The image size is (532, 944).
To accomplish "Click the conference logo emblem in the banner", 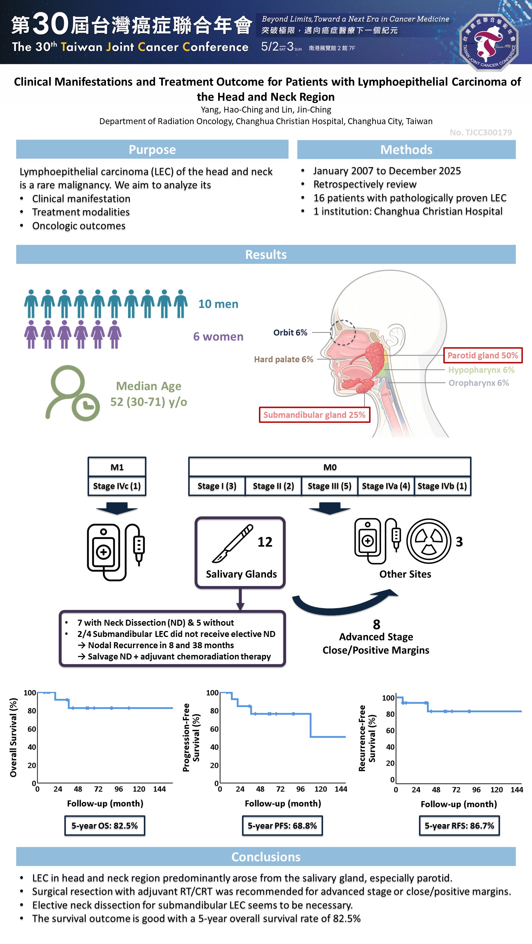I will [x=489, y=42].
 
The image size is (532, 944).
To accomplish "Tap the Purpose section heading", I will [x=152, y=149].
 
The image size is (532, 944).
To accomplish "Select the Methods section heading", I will [x=406, y=149].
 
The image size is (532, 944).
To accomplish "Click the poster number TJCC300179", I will [x=481, y=132].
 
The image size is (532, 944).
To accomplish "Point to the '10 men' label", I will [x=218, y=304].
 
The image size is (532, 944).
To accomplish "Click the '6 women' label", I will [x=218, y=336].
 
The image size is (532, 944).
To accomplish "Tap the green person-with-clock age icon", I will [x=72, y=393].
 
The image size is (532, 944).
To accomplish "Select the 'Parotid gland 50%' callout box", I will [x=482, y=355].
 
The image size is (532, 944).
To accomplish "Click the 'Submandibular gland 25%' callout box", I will [x=314, y=415].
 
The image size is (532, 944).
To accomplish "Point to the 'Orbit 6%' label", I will [x=290, y=332].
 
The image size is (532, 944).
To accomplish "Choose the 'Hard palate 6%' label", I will [x=283, y=359].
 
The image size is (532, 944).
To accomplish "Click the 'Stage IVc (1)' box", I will [x=117, y=486].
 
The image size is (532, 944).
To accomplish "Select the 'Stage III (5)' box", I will [x=329, y=486].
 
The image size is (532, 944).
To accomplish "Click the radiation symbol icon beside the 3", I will [x=429, y=541].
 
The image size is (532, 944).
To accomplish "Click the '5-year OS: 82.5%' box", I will [x=104, y=825].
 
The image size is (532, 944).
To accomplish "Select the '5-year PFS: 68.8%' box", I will [x=282, y=825].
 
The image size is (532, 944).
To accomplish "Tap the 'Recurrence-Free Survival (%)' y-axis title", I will [x=367, y=738].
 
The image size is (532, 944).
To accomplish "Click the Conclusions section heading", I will [x=266, y=857].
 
